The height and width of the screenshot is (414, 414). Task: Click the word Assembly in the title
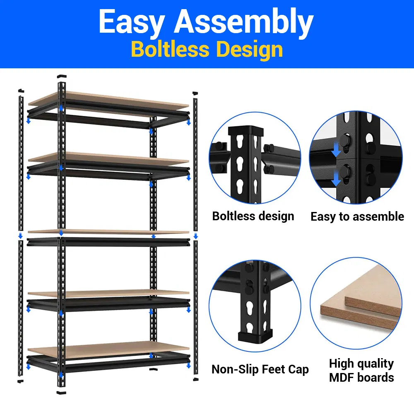coord(243,23)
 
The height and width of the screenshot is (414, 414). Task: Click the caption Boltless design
coord(253,216)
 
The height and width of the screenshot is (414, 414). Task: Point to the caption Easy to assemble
coord(357,217)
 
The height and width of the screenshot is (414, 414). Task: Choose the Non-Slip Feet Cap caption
coord(260,369)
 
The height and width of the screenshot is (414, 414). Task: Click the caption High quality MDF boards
coord(361,371)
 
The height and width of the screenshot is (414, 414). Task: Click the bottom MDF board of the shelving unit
coord(108,349)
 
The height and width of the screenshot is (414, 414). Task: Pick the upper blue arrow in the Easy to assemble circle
coord(336,149)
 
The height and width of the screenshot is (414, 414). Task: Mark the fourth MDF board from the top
coord(108,293)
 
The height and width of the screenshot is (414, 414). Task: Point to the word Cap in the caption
coord(298,370)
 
